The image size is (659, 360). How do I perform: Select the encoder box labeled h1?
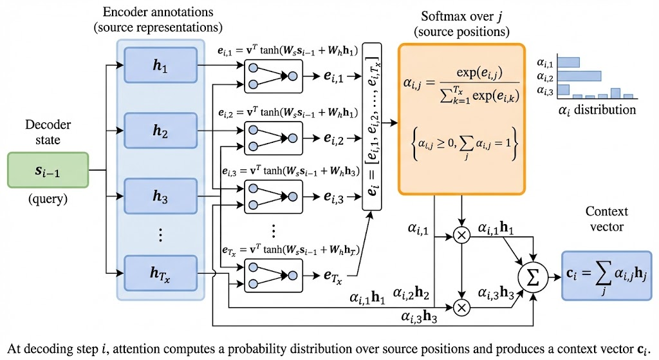(160, 64)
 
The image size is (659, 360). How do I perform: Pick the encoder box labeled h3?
(160, 198)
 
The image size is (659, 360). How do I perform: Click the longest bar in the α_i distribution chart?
(579, 75)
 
